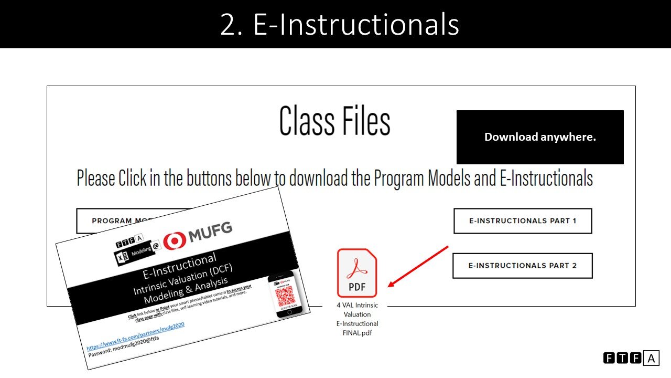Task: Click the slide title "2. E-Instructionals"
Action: coord(339,24)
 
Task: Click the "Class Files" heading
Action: coord(334,121)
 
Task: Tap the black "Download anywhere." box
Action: coord(540,137)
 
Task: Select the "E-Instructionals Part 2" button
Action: coord(522,266)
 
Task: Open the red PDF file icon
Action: coord(357,273)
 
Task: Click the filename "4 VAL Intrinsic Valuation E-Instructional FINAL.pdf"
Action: coord(357,319)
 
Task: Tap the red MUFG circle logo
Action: coord(175,240)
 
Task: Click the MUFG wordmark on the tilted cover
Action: coord(210,232)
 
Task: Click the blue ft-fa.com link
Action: coord(135,336)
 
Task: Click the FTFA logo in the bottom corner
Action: coord(631,359)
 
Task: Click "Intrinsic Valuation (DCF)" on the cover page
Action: coord(182,281)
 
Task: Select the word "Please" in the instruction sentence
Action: coord(96,178)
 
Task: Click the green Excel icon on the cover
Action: coord(120,259)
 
